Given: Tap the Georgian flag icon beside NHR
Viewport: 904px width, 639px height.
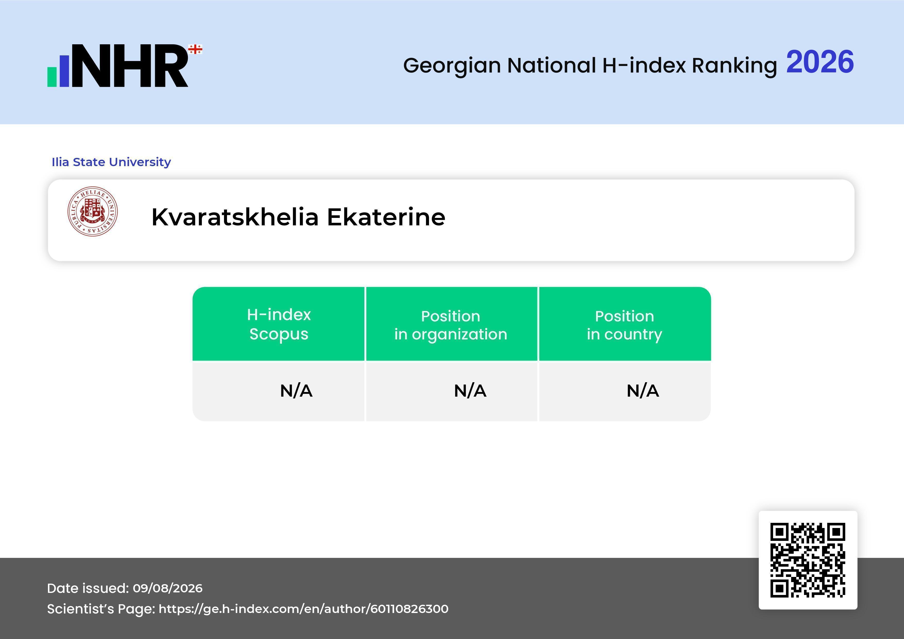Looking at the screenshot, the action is [x=195, y=49].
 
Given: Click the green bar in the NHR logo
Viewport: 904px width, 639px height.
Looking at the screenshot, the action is [x=52, y=77].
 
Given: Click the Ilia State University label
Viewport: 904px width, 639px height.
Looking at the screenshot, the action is [x=111, y=162].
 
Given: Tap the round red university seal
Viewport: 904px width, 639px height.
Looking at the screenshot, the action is [x=93, y=211].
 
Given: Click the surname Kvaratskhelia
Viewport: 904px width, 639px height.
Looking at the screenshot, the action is [x=235, y=217].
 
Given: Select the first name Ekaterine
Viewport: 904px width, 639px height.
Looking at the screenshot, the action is [x=386, y=217].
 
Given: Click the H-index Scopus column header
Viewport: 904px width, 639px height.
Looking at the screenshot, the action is [x=279, y=324].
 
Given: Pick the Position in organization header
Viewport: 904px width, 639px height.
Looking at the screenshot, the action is [x=451, y=325].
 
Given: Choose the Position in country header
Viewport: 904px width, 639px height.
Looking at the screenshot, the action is [x=624, y=325].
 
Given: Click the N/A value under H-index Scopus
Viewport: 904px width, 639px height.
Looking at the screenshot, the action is [x=296, y=391].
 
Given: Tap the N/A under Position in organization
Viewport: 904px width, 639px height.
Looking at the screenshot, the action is [x=470, y=391].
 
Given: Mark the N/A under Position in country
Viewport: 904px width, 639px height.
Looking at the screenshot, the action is [x=642, y=391].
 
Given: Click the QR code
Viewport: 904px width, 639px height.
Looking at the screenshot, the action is [x=808, y=560].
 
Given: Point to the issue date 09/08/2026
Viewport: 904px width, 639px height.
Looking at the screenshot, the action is [x=168, y=588].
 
